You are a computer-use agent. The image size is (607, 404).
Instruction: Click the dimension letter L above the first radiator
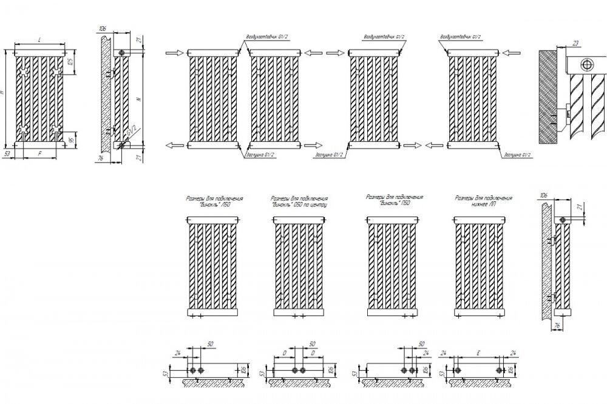click(39, 40)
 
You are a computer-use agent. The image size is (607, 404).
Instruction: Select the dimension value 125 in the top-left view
click(70, 62)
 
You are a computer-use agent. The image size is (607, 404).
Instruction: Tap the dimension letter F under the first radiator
click(39, 155)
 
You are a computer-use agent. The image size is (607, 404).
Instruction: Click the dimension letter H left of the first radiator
click(4, 92)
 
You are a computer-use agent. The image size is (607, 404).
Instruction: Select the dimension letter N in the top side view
click(140, 98)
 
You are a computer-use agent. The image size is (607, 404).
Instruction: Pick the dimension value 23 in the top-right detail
click(575, 43)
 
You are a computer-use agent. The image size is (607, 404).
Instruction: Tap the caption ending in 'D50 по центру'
click(299, 201)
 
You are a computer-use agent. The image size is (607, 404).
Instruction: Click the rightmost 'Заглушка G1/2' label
click(517, 155)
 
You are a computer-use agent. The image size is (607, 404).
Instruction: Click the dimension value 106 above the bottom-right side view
click(542, 195)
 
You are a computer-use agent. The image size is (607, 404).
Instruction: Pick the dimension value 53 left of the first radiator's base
click(7, 155)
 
